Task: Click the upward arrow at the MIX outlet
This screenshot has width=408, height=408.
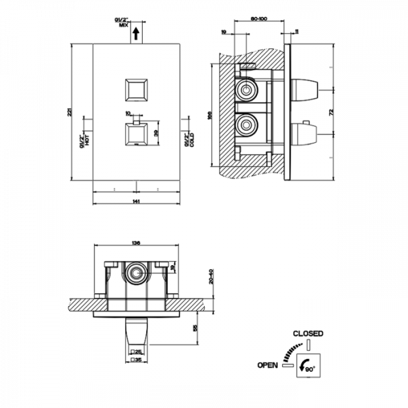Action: tap(136, 32)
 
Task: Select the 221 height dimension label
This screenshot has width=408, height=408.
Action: tap(70, 114)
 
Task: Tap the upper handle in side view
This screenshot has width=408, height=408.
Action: tap(307, 89)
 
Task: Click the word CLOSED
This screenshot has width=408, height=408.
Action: tap(307, 334)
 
